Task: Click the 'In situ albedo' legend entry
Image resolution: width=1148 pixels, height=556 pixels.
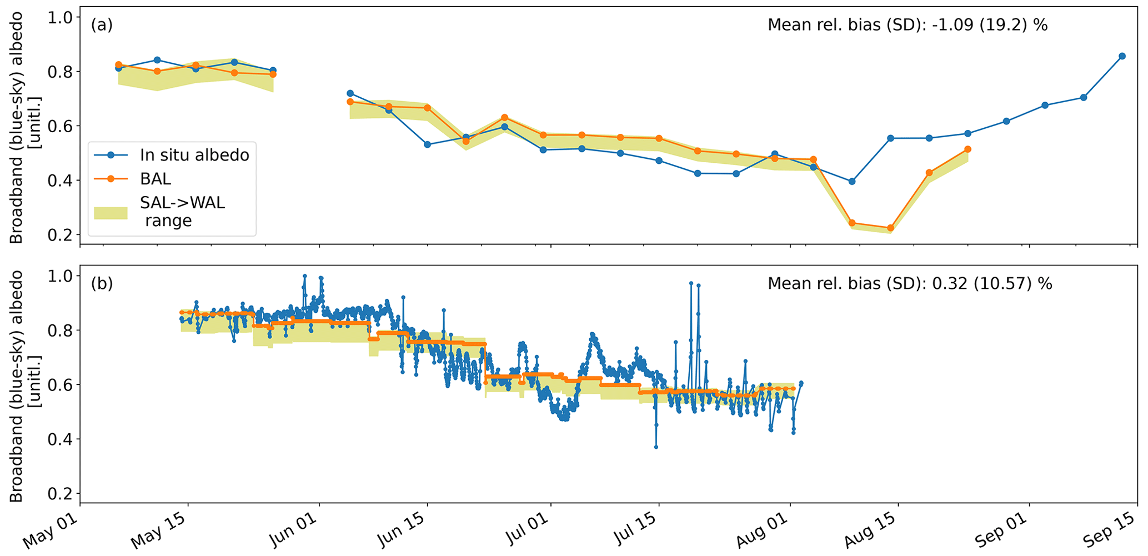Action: [x=194, y=155]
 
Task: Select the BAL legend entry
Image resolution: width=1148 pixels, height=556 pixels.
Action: [x=156, y=179]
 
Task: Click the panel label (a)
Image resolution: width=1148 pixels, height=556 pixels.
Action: [x=102, y=24]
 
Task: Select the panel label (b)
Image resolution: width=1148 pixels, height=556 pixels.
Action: [x=102, y=283]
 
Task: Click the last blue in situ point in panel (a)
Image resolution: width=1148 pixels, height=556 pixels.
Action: [x=1122, y=56]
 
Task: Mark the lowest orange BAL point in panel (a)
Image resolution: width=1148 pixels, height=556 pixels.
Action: [x=891, y=228]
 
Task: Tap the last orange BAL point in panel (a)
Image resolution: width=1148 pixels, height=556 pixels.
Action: [x=967, y=149]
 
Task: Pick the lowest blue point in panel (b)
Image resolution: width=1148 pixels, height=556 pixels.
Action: [x=656, y=447]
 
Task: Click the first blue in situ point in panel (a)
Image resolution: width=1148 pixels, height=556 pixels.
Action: [x=118, y=68]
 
